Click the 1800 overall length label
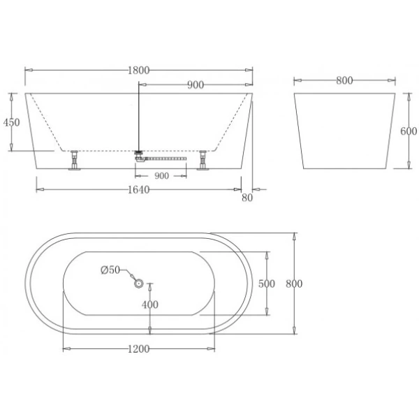[x=139, y=70]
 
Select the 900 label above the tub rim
[x=196, y=85]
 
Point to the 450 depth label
[x=12, y=122]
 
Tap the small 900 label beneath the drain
[x=161, y=175]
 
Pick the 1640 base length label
[x=139, y=190]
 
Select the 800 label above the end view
[x=344, y=80]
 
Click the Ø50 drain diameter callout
[x=110, y=270]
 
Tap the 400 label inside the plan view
[x=150, y=304]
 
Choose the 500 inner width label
[x=266, y=284]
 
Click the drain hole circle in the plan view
[x=138, y=283]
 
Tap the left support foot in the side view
[x=73, y=161]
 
